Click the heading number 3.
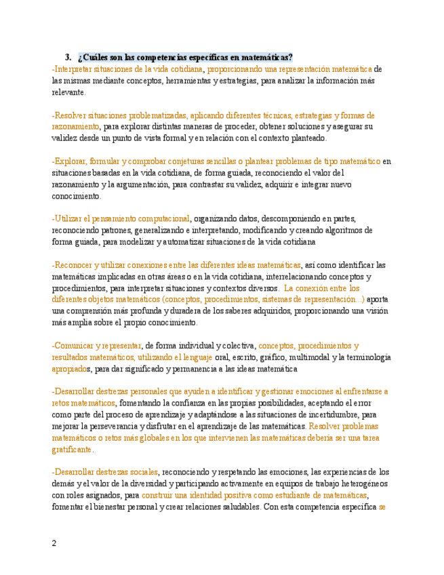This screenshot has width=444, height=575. click(68, 57)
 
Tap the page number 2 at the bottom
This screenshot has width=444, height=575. click(55, 542)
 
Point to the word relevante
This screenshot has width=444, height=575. click(69, 92)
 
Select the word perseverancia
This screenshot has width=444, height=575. click(133, 427)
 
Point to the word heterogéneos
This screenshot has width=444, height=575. click(358, 484)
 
